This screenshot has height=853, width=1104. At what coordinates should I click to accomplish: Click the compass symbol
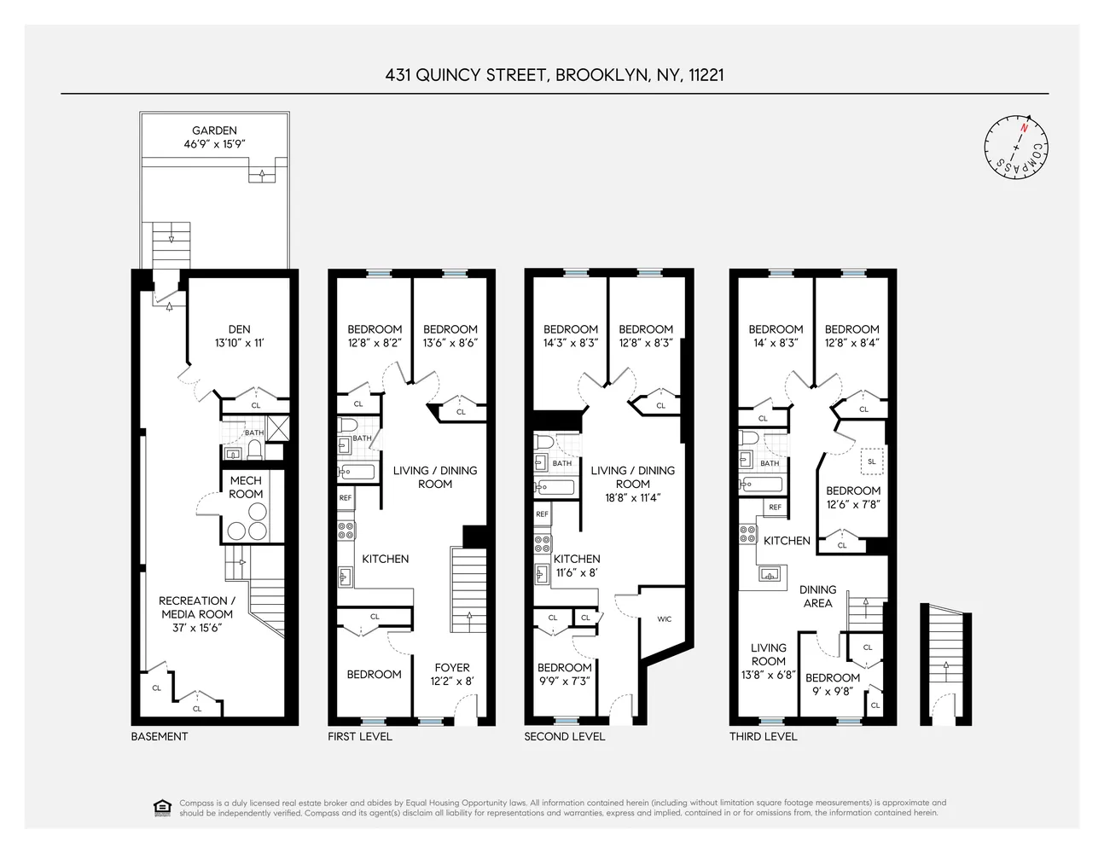click(1015, 147)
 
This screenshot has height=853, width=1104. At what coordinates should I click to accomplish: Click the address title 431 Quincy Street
click(554, 75)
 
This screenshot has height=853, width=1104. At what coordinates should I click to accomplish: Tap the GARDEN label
click(214, 131)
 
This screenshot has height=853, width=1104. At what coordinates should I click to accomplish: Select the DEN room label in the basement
click(239, 329)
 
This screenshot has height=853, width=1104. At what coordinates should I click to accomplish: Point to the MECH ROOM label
click(246, 487)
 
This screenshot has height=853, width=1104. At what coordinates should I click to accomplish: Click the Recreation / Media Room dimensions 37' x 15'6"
click(197, 628)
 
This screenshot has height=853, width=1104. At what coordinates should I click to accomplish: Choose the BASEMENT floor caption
click(160, 736)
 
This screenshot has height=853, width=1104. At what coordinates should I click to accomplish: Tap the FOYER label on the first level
click(451, 668)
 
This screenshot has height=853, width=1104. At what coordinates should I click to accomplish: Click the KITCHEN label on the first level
click(385, 559)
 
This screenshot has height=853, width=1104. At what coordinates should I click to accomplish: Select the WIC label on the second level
click(664, 619)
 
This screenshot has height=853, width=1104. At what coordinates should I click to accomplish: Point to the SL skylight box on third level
click(871, 461)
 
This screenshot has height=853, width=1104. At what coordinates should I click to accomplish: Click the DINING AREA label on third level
click(817, 596)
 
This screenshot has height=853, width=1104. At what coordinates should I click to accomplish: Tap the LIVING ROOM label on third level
click(768, 654)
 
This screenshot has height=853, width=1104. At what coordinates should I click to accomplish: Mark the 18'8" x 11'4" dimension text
click(632, 497)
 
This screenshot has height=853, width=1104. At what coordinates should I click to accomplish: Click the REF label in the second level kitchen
click(542, 514)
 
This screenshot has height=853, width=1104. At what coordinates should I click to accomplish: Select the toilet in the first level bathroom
click(347, 425)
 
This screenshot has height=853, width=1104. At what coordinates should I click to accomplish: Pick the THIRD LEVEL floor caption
click(763, 736)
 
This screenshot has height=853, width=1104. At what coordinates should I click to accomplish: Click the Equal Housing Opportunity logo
click(162, 807)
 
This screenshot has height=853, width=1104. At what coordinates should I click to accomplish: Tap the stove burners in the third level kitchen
click(747, 535)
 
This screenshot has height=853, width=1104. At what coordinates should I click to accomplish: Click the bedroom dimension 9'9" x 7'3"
click(564, 681)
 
